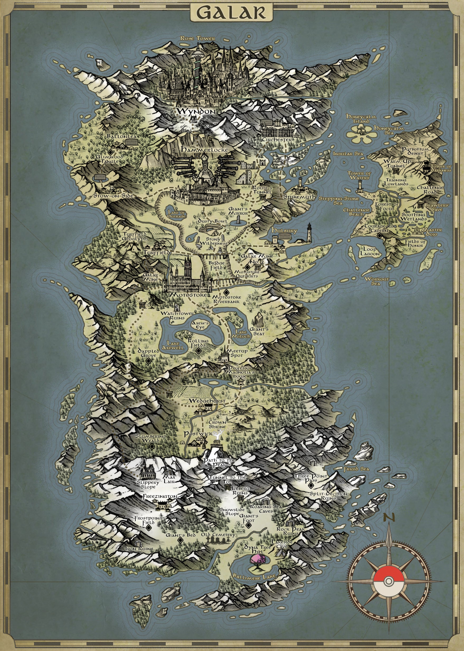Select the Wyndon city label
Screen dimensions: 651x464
[196, 111]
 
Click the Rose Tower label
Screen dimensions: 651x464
[198, 39]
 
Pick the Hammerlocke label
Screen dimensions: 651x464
[205, 150]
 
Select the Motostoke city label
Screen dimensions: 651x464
[188, 295]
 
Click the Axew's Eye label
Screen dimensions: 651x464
[200, 325]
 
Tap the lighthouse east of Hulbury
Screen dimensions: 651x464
[309, 232]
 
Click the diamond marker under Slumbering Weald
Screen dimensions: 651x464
[152, 446]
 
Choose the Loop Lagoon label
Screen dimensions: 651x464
[370, 251]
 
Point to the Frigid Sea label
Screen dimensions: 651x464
[356, 469]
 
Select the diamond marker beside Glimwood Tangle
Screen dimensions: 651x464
[111, 152]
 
